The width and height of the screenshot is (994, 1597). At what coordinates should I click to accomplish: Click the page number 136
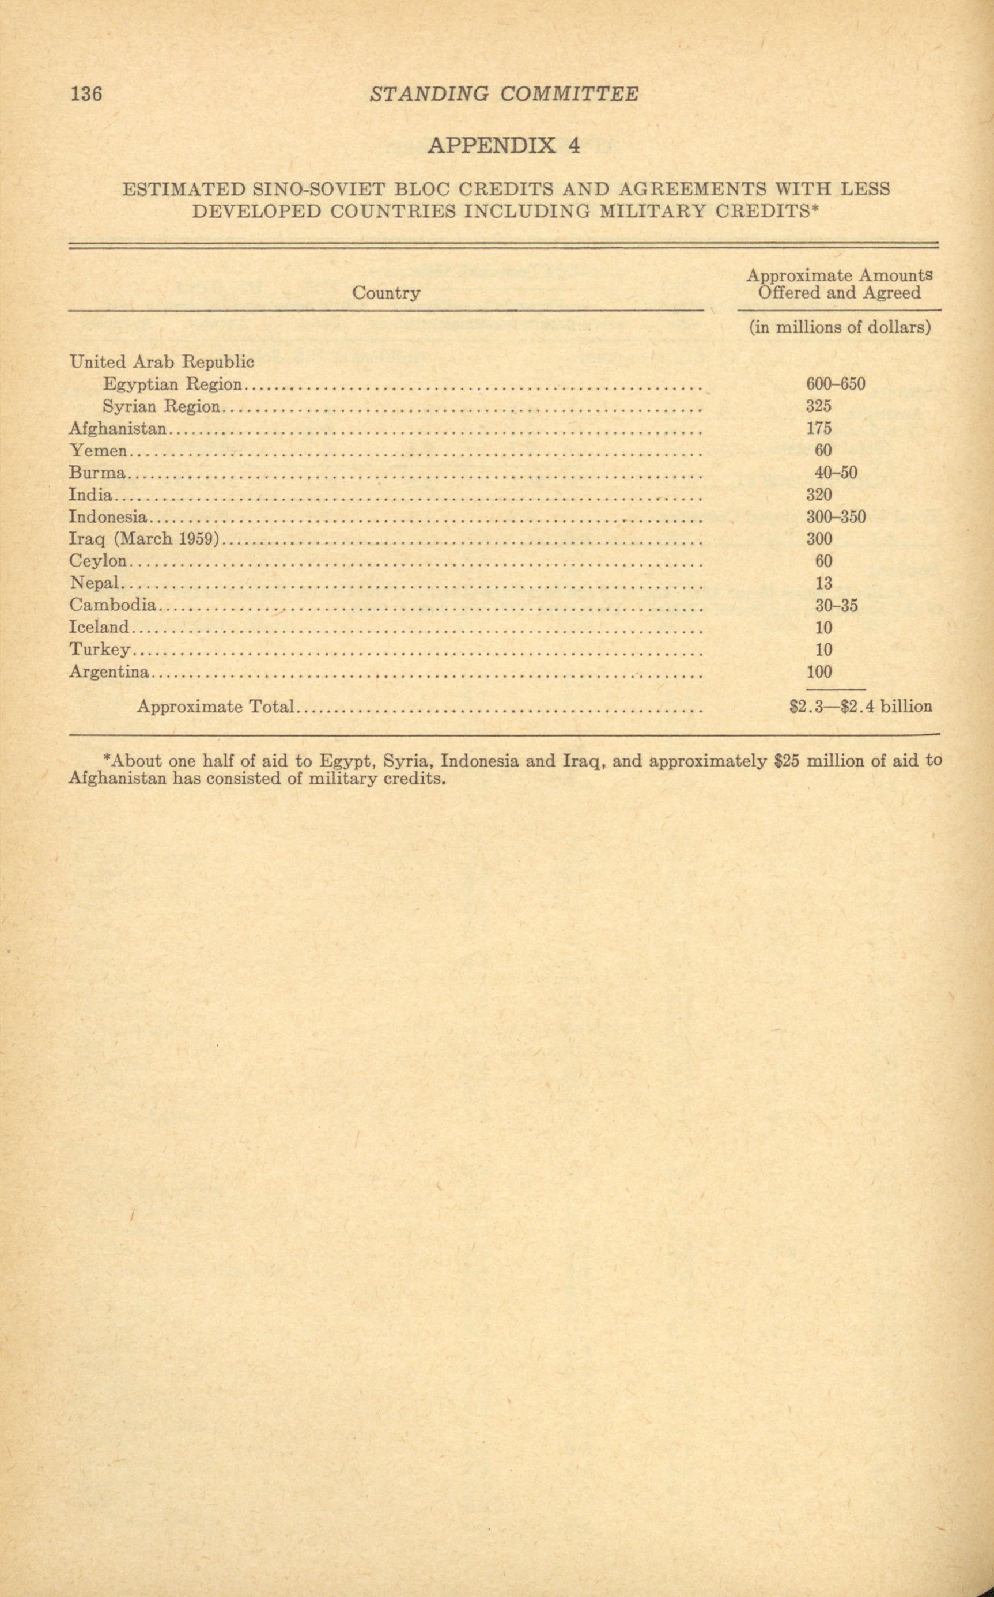[86, 94]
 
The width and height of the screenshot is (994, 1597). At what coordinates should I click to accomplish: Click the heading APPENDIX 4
[504, 145]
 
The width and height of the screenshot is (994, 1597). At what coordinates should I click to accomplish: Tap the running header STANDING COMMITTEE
[504, 94]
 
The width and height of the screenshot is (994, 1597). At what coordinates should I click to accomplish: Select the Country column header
[386, 293]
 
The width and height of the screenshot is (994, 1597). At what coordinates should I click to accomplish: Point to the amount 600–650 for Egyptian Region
[835, 384]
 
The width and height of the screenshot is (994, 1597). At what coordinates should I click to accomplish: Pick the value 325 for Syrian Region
[818, 406]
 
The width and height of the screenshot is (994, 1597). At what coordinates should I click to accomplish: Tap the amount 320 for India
[818, 494]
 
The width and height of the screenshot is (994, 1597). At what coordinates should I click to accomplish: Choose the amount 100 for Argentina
[818, 672]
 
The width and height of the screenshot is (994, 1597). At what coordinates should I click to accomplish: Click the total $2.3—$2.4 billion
[860, 707]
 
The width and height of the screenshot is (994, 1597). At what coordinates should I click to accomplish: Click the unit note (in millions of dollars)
[840, 327]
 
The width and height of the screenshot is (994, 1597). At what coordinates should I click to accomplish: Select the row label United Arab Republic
[161, 361]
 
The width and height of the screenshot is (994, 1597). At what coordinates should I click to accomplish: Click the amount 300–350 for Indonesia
[836, 517]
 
